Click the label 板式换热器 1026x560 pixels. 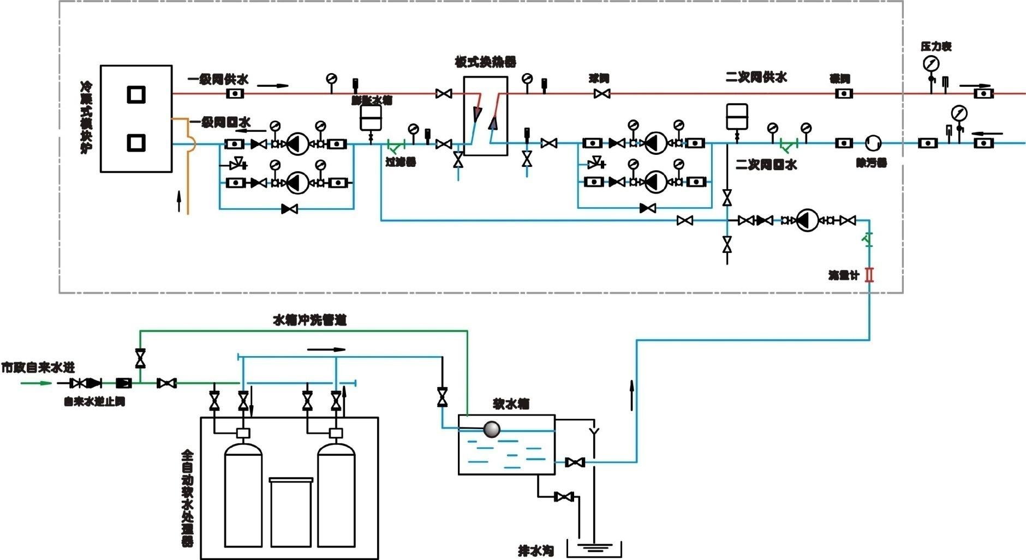click(485, 61)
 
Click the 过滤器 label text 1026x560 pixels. click(401, 162)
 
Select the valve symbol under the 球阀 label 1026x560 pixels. click(601, 94)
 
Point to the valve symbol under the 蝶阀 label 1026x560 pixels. click(844, 94)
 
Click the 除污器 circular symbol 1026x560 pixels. click(873, 143)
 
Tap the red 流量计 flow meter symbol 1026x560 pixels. click(869, 274)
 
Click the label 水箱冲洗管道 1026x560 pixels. click(309, 320)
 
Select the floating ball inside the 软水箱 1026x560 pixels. click(492, 429)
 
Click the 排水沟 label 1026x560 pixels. click(536, 551)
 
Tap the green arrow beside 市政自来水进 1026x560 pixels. click(36, 383)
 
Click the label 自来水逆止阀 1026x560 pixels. click(94, 402)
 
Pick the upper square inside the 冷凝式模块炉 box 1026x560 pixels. click(136, 94)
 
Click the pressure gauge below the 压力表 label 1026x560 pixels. click(929, 64)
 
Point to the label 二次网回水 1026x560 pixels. click(766, 164)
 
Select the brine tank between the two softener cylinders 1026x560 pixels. click(291, 511)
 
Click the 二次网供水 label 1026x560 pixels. click(756, 77)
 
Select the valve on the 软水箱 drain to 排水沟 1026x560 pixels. click(563, 497)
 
